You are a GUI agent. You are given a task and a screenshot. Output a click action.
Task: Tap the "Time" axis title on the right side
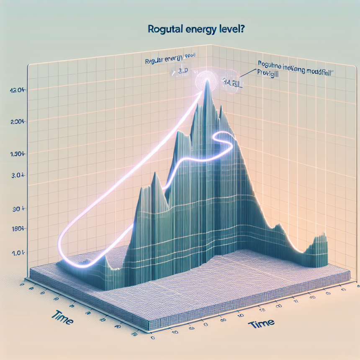pos(261,323)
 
